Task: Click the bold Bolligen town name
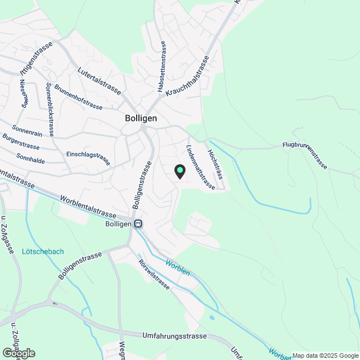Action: (x=141, y=119)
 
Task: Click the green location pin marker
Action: (x=179, y=170)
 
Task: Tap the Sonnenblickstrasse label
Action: (x=48, y=110)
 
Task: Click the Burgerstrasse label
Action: (x=21, y=141)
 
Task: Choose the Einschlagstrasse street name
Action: (x=88, y=156)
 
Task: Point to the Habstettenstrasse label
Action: (x=162, y=67)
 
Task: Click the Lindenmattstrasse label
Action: (x=200, y=167)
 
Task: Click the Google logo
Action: (x=19, y=353)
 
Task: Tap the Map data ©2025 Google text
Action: (x=325, y=355)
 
